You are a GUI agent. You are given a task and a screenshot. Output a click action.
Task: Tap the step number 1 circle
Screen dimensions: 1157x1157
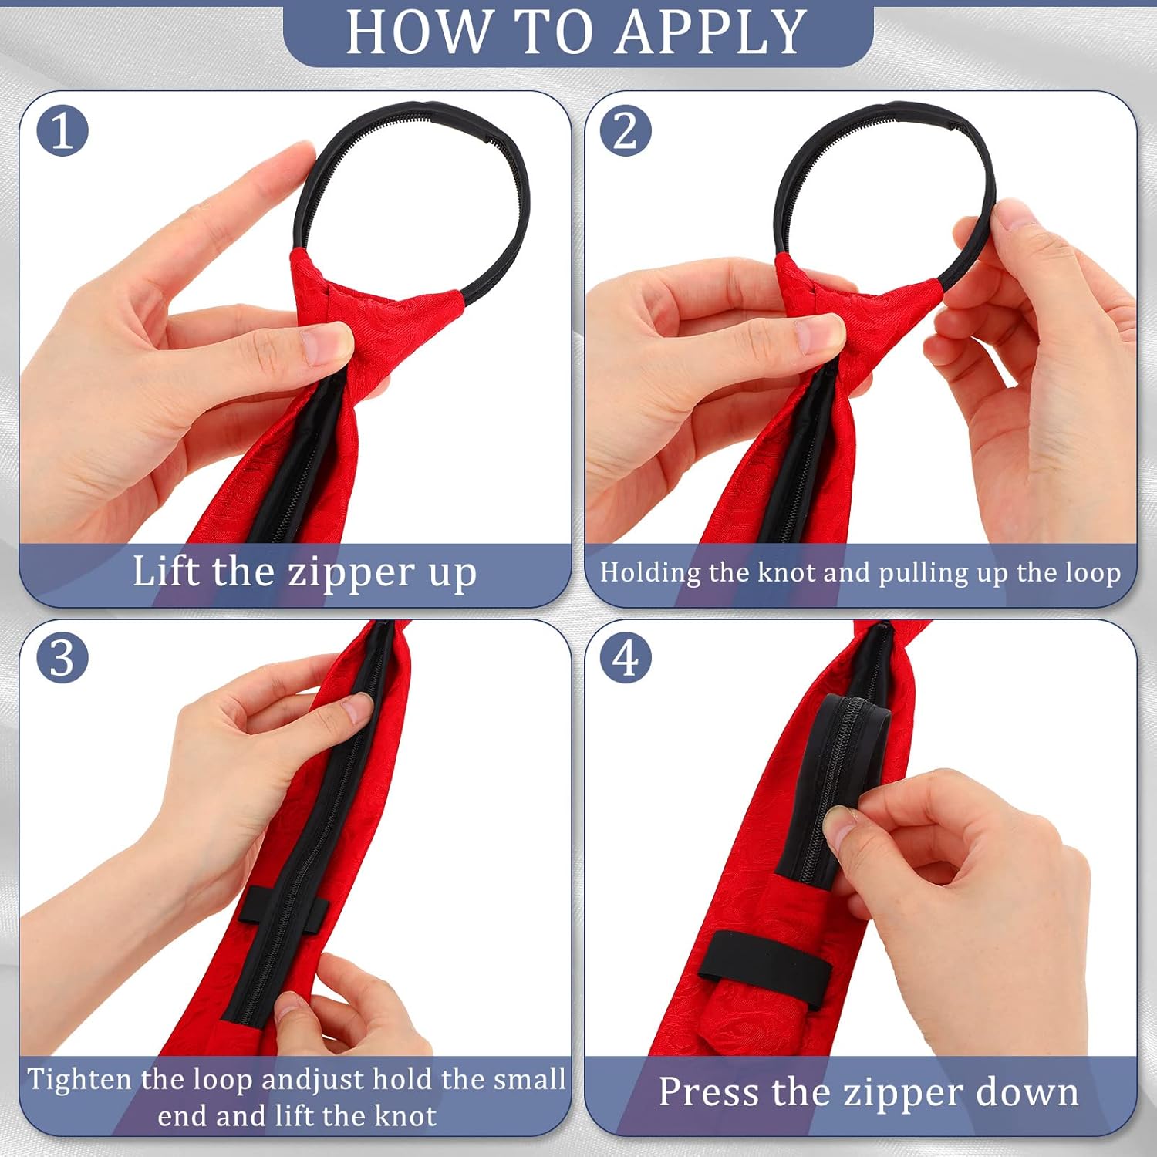coord(62,130)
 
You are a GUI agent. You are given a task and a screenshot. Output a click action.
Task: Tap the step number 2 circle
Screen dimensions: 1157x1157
coord(626,130)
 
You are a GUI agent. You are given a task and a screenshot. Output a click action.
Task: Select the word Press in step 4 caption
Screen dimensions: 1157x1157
coord(709,1092)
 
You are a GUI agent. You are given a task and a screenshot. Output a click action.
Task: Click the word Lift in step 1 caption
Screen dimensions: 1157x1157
coord(166,572)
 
